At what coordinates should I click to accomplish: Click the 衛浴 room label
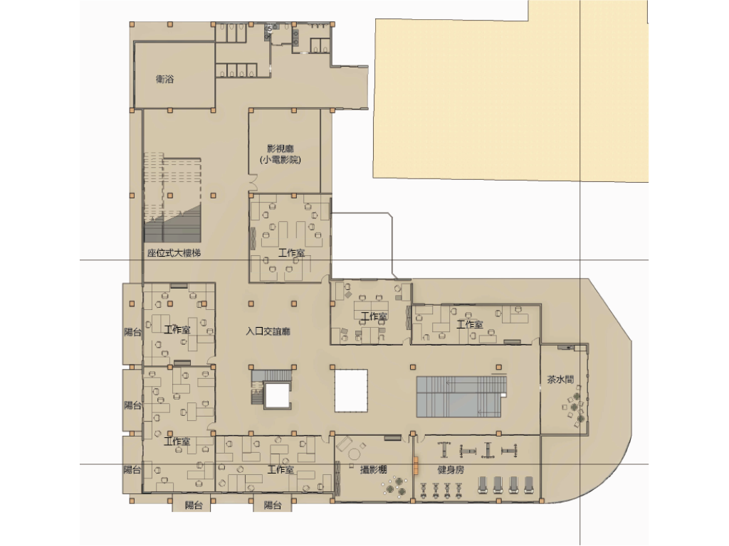(x=164, y=79)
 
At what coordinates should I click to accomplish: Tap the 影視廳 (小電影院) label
(x=280, y=154)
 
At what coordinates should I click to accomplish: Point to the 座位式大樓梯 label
(x=174, y=253)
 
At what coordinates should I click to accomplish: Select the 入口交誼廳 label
(x=268, y=331)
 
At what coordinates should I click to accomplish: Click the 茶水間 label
(x=560, y=380)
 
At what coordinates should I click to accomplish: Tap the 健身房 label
(x=451, y=470)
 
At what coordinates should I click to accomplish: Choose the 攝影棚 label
(x=373, y=469)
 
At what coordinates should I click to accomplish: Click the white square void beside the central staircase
(x=351, y=390)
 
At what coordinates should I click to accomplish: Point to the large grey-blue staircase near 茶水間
(x=461, y=397)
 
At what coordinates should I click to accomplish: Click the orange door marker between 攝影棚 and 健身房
(x=416, y=466)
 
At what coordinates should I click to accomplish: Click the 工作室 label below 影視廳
(x=291, y=253)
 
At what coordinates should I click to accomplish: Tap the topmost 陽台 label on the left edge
(x=133, y=332)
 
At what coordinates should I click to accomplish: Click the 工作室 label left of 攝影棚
(x=280, y=469)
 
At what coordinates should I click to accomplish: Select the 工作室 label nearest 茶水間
(x=470, y=324)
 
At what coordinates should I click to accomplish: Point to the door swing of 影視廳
(x=253, y=183)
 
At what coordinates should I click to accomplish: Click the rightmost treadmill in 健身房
(x=529, y=485)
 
